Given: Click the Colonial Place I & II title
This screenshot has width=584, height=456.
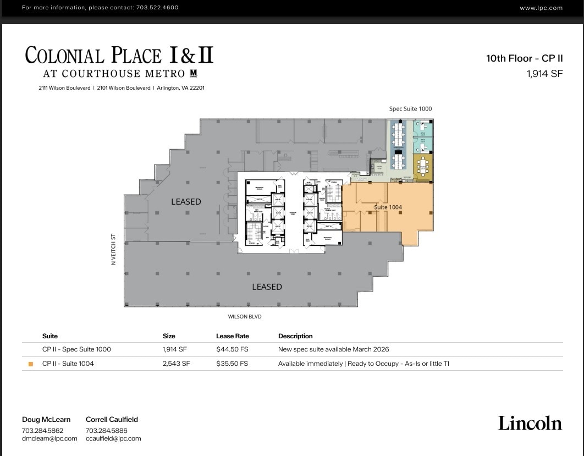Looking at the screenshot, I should pyautogui.click(x=119, y=56).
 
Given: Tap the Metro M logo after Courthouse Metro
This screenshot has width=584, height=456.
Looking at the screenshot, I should pyautogui.click(x=193, y=73).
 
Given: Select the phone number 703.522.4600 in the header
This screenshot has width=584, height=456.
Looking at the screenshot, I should pyautogui.click(x=157, y=8).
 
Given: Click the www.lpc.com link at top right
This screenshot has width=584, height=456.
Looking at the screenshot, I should pyautogui.click(x=541, y=8).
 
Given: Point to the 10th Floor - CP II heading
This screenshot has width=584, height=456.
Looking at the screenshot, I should pyautogui.click(x=524, y=58).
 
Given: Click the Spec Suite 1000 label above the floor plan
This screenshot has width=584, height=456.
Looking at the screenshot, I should pyautogui.click(x=410, y=109).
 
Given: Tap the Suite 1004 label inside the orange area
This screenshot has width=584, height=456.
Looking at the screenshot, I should pyautogui.click(x=388, y=207).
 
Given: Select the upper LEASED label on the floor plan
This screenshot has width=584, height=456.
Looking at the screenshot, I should pyautogui.click(x=186, y=202).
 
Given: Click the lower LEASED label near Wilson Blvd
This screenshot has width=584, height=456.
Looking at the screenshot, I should pyautogui.click(x=267, y=287).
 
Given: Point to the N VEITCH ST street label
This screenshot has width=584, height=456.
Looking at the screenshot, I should pyautogui.click(x=114, y=250).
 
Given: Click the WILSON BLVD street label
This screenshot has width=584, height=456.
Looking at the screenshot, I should pyautogui.click(x=245, y=317).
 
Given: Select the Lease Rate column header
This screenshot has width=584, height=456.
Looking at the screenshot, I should pyautogui.click(x=232, y=336).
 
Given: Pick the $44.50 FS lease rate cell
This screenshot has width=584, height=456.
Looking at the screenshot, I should pyautogui.click(x=232, y=349).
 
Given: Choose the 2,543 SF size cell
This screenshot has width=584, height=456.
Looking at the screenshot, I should pyautogui.click(x=176, y=364).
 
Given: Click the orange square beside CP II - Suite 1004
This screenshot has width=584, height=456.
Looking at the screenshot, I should pyautogui.click(x=31, y=364).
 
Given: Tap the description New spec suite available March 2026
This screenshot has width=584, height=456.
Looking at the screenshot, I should pyautogui.click(x=333, y=349).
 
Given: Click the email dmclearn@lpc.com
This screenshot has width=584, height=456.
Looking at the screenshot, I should pyautogui.click(x=49, y=438).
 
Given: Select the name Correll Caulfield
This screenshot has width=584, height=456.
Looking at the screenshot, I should pyautogui.click(x=112, y=419).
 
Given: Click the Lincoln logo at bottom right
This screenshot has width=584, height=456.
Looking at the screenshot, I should pyautogui.click(x=530, y=423).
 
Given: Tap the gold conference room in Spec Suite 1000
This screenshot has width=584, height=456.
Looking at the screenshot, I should pyautogui.click(x=422, y=167).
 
